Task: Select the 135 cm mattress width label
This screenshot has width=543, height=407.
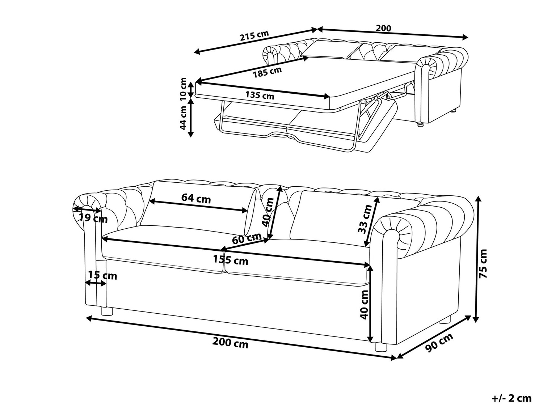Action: coord(260,96)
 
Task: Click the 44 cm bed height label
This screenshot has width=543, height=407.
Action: coord(184,118)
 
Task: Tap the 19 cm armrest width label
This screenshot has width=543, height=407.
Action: coord(93,218)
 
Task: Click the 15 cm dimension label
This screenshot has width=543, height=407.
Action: coord(102,276)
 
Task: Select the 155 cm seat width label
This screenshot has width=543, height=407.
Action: coord(231,260)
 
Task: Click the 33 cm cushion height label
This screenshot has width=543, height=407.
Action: coord(365,219)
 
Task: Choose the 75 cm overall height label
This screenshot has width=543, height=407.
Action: coord(483,263)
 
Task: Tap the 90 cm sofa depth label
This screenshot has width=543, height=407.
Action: coord(439,342)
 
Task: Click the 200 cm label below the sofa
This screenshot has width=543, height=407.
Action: coord(231,342)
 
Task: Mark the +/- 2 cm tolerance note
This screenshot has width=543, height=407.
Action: coord(512,398)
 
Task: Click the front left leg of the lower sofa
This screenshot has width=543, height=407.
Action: coord(107,311)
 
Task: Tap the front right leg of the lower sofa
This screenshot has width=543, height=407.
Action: coord(380,347)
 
